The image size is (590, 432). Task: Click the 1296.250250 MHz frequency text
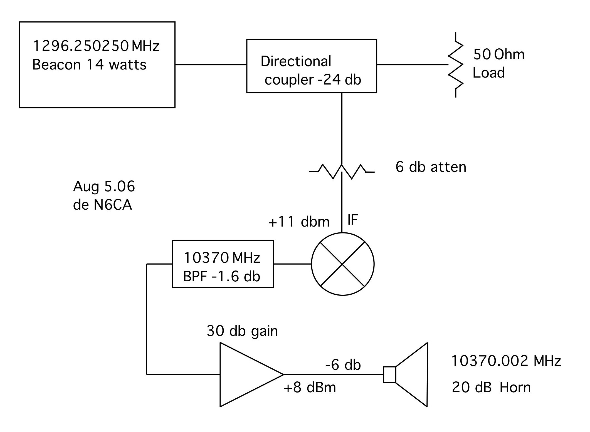[96, 46]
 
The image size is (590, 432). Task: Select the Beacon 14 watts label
[89, 65]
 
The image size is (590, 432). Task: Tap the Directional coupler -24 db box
[312, 66]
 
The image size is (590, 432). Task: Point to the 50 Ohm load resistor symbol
[456, 65]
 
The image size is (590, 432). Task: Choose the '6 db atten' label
[431, 167]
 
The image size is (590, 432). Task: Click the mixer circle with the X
[343, 264]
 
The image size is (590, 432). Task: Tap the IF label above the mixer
[352, 220]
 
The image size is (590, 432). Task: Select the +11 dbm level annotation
[299, 222]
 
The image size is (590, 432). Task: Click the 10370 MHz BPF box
[223, 264]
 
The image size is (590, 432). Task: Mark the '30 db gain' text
[242, 331]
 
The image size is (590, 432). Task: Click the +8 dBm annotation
[310, 388]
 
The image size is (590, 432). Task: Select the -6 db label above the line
[343, 365]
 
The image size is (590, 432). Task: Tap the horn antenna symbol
[409, 374]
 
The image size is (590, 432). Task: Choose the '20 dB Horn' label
[491, 387]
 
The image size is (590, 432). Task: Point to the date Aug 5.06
[104, 187]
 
